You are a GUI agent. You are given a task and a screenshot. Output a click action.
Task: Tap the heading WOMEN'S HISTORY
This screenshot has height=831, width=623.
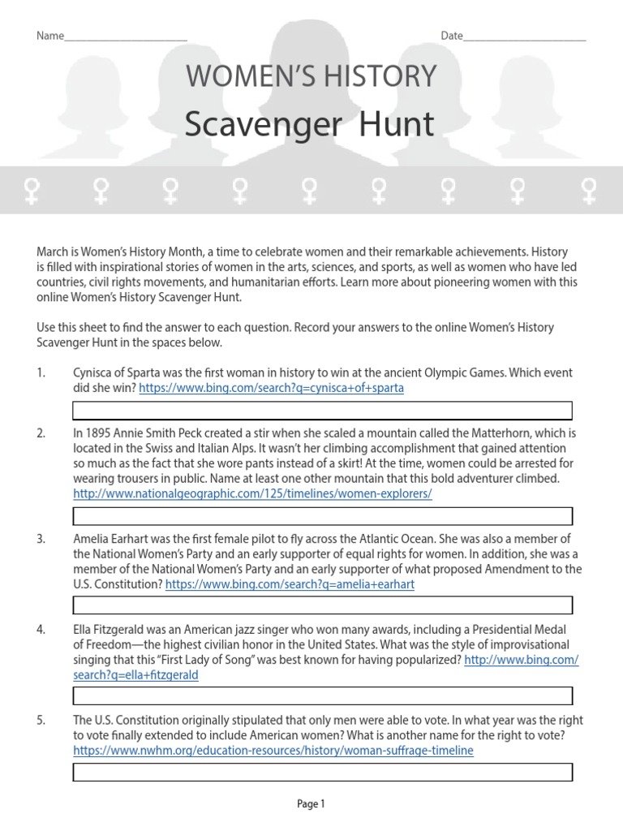pos(311,77)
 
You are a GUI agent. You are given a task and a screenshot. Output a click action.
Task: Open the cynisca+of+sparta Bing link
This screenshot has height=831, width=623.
pos(271,388)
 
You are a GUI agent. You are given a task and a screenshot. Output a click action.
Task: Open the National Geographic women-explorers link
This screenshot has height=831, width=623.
pos(252,493)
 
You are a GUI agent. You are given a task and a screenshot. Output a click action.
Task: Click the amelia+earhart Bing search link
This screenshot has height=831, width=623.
pos(290,584)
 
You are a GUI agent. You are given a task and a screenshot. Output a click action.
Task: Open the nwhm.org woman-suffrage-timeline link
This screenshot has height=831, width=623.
pos(273,751)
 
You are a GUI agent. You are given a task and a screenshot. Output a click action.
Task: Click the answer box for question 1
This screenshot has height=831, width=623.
pos(322,411)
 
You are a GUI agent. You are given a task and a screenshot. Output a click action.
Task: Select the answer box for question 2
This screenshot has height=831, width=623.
pos(322,516)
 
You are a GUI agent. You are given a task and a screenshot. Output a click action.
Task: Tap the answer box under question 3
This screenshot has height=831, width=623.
pos(322,605)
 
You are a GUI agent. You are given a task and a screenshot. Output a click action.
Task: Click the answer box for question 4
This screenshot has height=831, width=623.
pos(322,695)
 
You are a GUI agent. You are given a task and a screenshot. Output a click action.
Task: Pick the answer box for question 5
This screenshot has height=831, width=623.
pos(322,772)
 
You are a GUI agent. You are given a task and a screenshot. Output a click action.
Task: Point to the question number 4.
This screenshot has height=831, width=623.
pos(41,630)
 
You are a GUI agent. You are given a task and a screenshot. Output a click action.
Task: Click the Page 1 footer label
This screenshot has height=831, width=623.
pos(311,804)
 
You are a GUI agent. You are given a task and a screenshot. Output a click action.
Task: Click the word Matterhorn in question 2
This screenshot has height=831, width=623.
pos(503,433)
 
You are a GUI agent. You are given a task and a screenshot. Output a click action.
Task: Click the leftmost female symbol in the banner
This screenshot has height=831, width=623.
pos(32,191)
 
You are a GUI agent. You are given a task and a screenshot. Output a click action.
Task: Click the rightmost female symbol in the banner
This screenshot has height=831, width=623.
pos(589,191)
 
